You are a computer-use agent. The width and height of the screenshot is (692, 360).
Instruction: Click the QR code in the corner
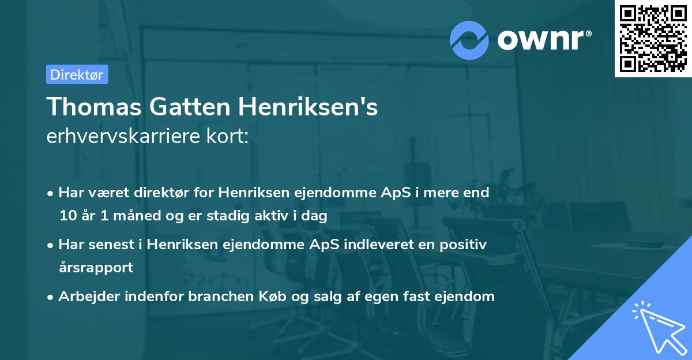[653, 39]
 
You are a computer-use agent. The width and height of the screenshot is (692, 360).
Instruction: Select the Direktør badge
[77, 74]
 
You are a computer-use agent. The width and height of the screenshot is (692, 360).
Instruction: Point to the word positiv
[464, 245]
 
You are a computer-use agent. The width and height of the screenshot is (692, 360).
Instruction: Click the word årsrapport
[96, 268]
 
